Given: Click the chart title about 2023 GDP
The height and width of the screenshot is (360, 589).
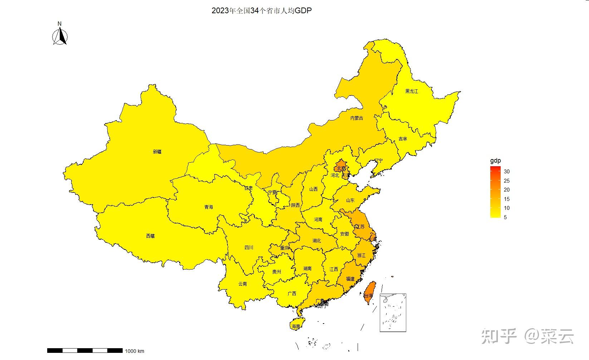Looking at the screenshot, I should coord(261,11).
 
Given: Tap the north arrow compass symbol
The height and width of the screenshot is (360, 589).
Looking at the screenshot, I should coord(60,36).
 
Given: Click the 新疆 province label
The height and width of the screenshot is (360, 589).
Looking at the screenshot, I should coord(157,152).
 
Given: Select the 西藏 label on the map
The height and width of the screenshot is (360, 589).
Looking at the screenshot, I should coord(150,236).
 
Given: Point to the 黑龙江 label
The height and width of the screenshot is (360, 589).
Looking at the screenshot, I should coord(411,91).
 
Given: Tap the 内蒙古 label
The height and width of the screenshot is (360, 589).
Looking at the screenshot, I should coord(356,118).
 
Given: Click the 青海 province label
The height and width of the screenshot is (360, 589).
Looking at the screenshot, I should coord(208,207).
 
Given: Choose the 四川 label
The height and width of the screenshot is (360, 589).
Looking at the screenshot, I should coord(249,247).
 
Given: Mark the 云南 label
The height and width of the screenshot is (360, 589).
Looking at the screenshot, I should coord(242,284).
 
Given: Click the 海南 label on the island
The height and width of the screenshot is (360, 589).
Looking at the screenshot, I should coord(295,326).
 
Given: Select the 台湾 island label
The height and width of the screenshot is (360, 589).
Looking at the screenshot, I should coord(368,296).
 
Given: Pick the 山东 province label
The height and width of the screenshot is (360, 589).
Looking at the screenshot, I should coord(350,200).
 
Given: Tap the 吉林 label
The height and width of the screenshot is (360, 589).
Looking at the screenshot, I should coord(403,139).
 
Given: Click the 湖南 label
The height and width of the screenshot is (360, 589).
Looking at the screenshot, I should coord(307,268).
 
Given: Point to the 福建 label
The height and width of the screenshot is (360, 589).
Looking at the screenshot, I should coord(350,279).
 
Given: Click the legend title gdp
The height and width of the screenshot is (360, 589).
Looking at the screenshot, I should coord(495,161).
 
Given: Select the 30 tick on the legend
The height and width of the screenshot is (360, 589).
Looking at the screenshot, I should coord(506,172).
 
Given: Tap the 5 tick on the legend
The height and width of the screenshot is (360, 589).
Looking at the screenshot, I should coord(505,217).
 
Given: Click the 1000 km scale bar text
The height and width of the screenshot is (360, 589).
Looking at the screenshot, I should coord(134,351).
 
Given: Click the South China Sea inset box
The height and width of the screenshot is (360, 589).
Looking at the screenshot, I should coord(393,312).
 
